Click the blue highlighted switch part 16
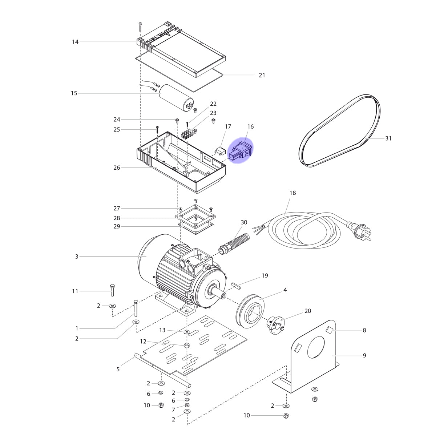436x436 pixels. (x=240, y=150)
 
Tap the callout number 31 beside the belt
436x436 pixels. (x=388, y=138)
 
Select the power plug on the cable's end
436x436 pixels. (x=362, y=232)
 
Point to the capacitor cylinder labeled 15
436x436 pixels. (x=177, y=98)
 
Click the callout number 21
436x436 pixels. (x=262, y=75)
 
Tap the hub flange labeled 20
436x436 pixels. (x=276, y=324)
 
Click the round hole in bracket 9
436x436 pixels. (x=316, y=347)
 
